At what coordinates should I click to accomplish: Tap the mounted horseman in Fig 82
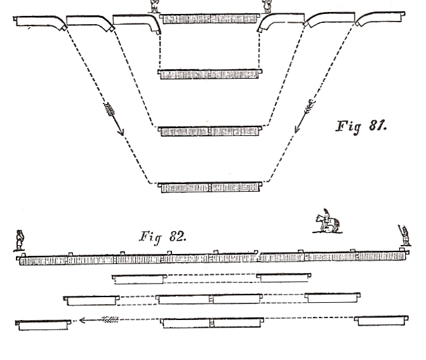point(327,223)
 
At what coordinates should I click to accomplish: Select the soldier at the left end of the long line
point(20,241)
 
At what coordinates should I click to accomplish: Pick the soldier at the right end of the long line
point(405,236)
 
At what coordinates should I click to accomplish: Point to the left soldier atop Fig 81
point(154,6)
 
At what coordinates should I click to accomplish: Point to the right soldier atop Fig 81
point(268,6)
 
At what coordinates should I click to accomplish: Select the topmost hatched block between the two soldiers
point(210,18)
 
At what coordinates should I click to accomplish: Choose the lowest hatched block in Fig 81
point(210,187)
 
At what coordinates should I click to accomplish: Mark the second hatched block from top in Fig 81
point(210,74)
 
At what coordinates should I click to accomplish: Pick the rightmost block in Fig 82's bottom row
point(383,320)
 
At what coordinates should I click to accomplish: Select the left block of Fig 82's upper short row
point(140,278)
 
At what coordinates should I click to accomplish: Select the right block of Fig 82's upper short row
point(284,277)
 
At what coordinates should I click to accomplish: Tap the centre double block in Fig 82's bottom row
point(211,323)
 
